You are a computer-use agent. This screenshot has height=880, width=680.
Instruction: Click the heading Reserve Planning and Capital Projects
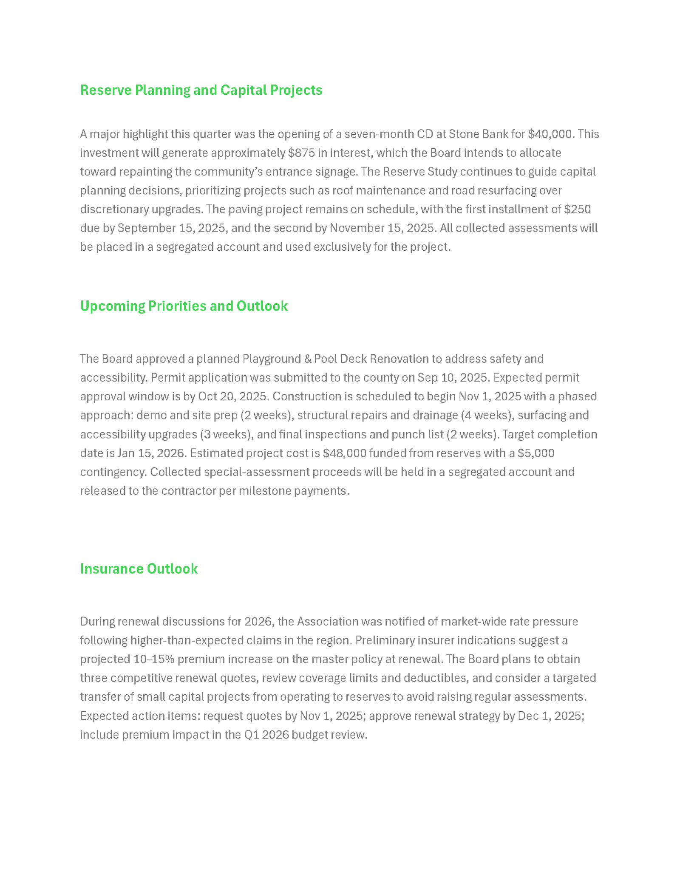(x=201, y=90)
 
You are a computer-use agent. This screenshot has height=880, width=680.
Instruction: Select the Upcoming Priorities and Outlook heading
(x=184, y=306)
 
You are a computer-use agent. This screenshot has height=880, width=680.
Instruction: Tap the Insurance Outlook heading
(x=139, y=569)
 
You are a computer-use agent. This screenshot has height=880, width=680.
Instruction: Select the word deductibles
(x=436, y=678)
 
